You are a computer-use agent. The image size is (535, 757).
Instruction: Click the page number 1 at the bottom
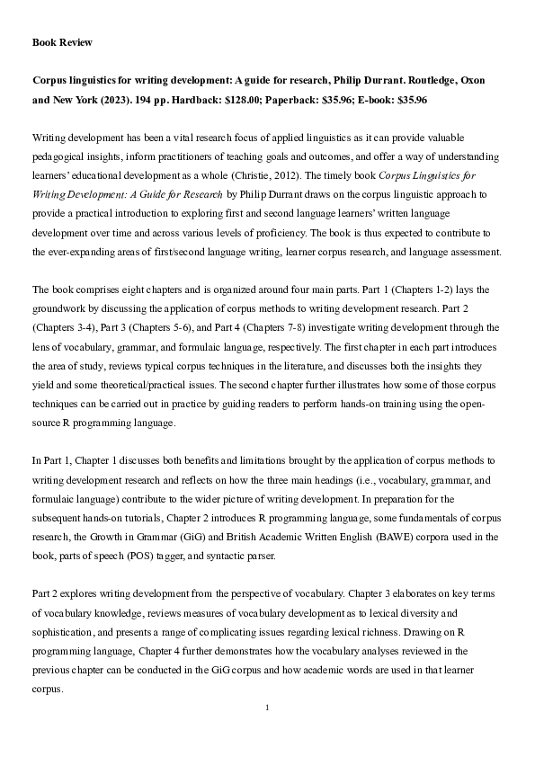[x=267, y=708]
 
